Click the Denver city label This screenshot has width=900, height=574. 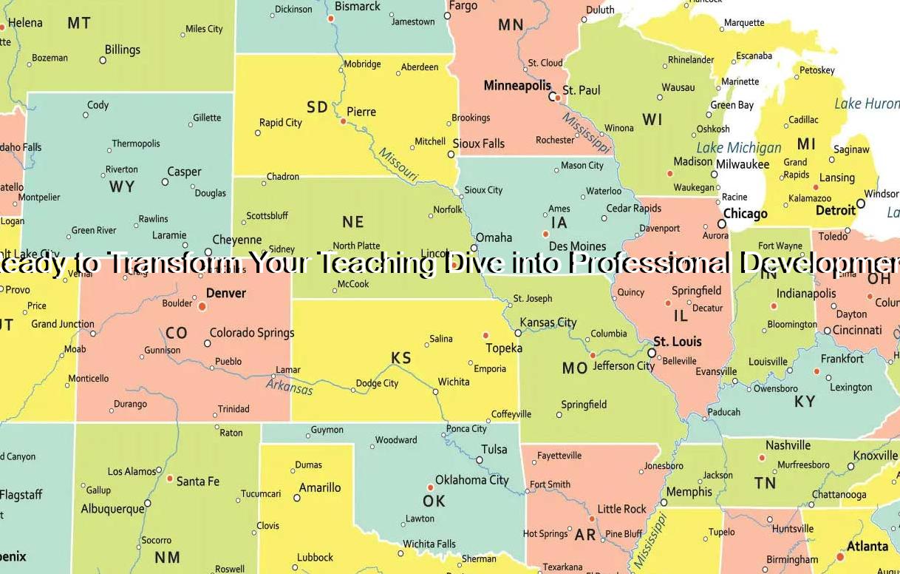pos(225,293)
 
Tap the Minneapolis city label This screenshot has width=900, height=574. pos(517,86)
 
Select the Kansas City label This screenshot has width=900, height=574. pos(548,323)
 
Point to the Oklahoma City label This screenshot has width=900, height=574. pos(471,480)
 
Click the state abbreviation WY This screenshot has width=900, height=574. pos(122,186)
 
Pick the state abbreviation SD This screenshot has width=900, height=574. pos(317,107)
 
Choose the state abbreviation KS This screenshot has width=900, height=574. pos(401,358)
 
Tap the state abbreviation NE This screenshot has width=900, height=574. pos(353,222)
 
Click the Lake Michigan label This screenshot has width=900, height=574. pos(739,147)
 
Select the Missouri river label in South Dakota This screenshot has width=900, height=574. pos(398,165)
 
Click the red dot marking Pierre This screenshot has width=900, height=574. pos(343,121)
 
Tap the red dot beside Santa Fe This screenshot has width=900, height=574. pos(169,479)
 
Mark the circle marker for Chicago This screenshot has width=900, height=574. pos(722,223)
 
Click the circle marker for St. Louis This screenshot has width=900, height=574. pos(652,353)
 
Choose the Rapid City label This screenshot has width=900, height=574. pos(280,123)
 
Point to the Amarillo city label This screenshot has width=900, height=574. pos(320,487)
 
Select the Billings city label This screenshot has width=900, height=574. pos(122,50)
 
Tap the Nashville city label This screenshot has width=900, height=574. pos(788,445)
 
